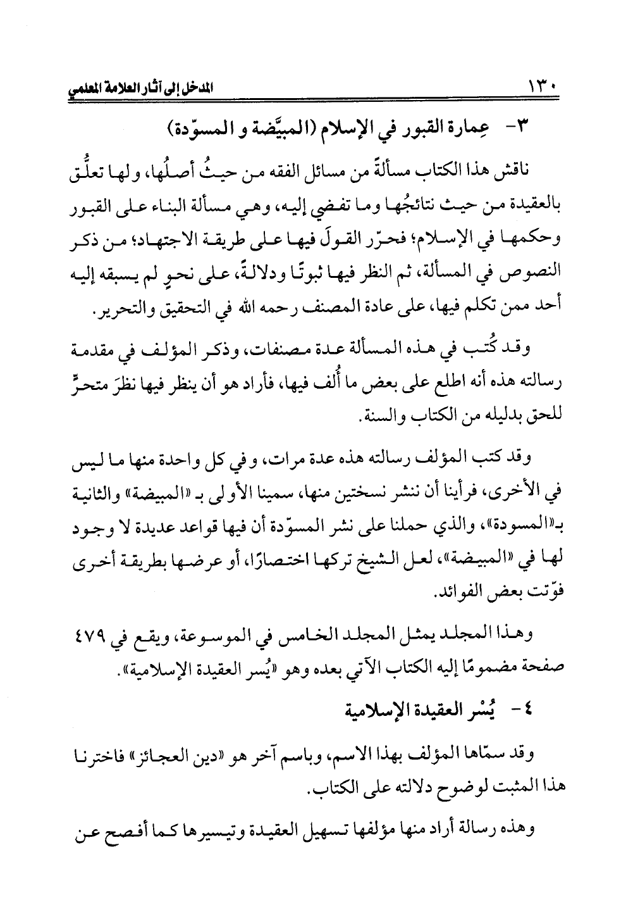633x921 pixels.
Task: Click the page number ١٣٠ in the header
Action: (x=539, y=83)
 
